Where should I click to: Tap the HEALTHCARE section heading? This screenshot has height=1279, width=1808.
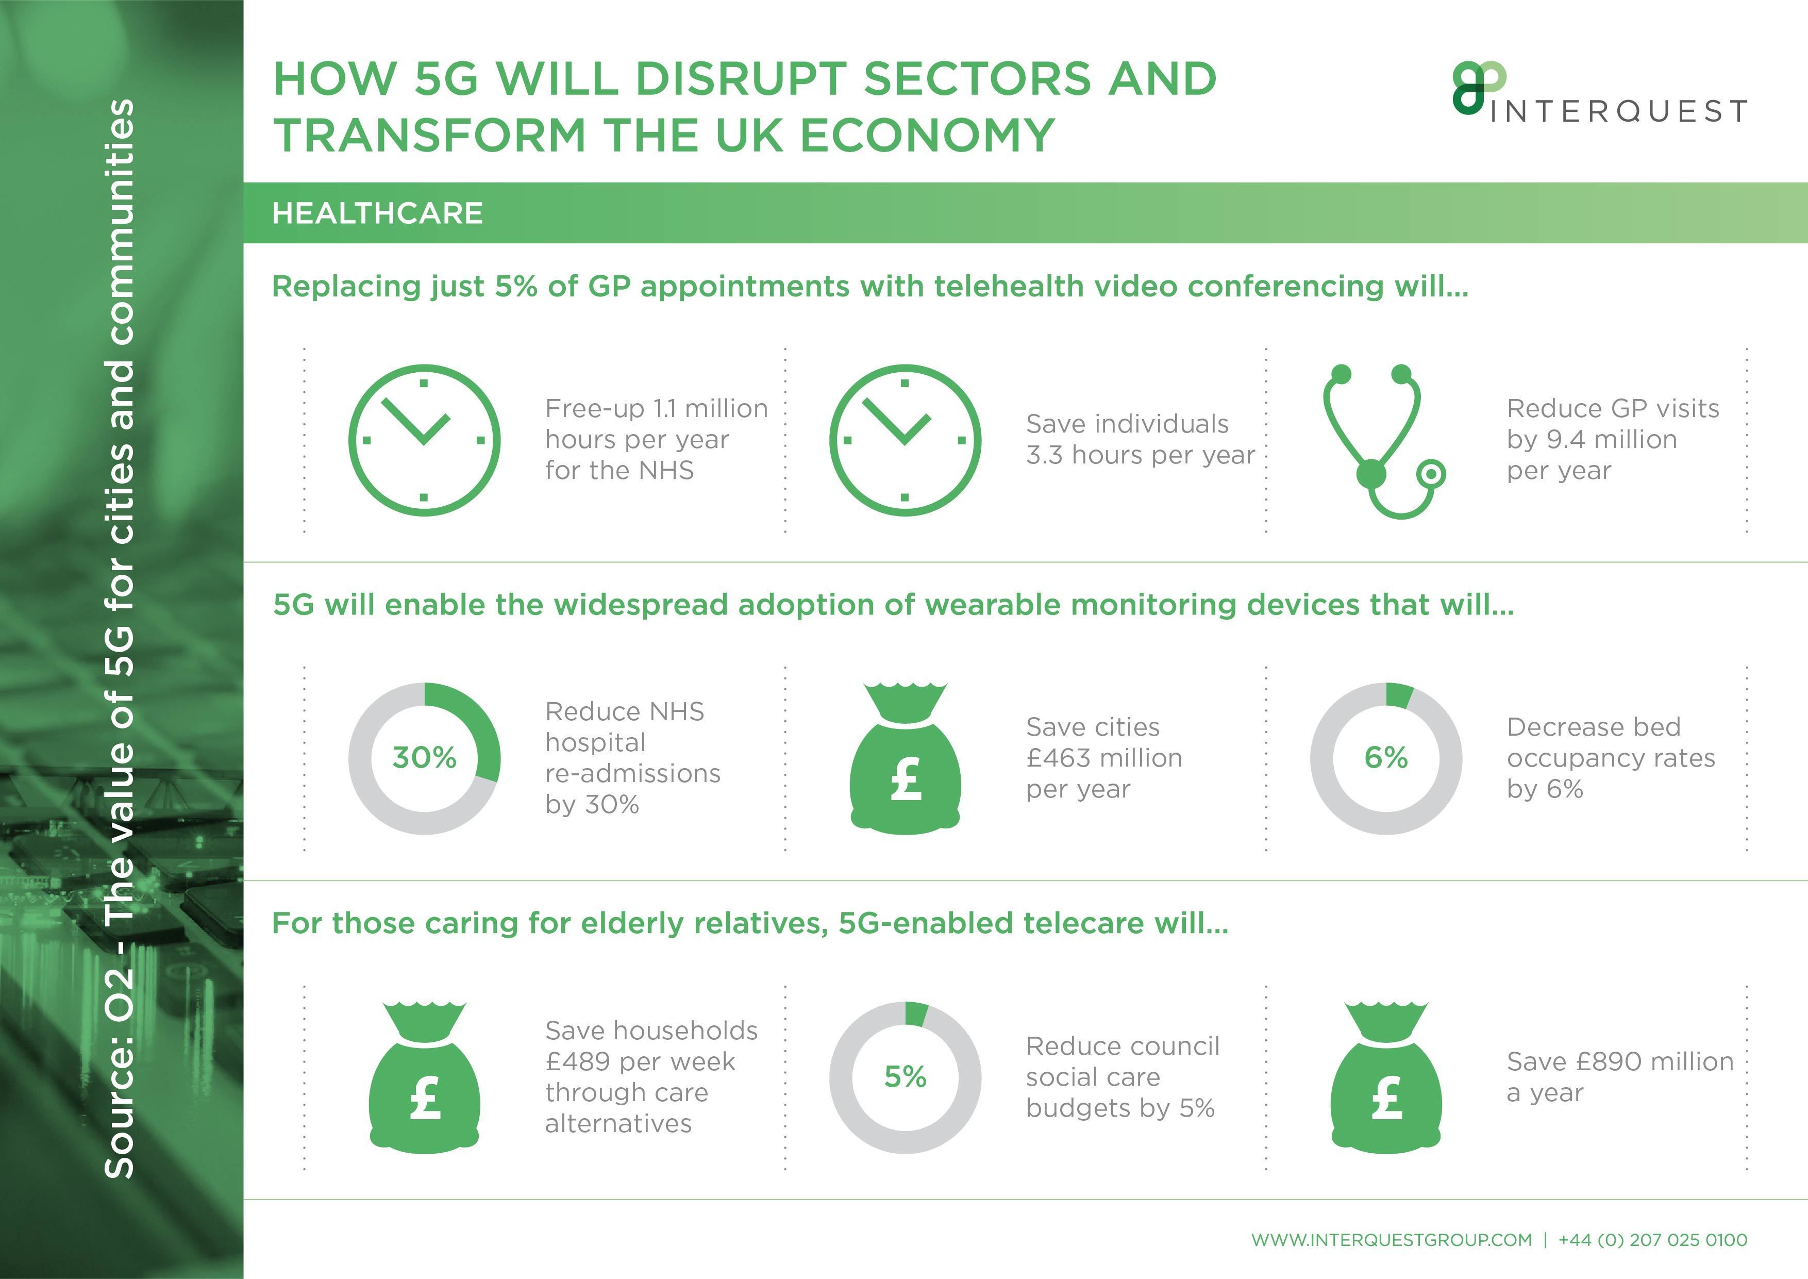(377, 212)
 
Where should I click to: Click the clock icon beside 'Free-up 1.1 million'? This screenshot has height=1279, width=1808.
(425, 440)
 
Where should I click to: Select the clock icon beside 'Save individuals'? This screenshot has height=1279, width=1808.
(905, 440)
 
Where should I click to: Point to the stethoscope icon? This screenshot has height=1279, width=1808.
(1383, 441)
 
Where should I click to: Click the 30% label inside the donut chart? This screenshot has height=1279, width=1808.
(425, 758)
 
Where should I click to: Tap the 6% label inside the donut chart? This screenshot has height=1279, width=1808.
(1386, 758)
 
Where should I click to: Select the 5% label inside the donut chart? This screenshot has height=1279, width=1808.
(905, 1076)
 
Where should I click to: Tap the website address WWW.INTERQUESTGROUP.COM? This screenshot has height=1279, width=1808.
(1392, 1240)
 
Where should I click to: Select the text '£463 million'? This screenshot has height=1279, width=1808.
(1104, 758)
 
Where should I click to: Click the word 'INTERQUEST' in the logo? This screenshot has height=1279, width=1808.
(1619, 112)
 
